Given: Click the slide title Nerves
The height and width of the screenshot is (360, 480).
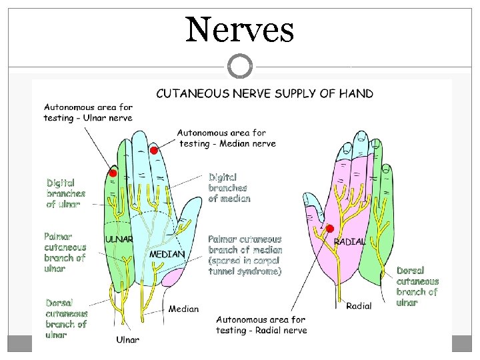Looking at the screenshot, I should click(x=239, y=29).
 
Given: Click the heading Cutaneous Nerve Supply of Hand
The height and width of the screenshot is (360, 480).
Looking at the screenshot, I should click(x=265, y=93).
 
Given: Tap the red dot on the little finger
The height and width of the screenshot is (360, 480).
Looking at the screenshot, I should click(x=113, y=173).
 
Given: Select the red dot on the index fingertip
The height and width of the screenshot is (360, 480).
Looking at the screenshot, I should click(x=153, y=151).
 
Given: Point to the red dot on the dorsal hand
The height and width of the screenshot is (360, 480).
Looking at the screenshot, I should click(x=330, y=229).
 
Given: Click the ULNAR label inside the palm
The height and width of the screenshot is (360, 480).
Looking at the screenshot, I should click(x=119, y=239).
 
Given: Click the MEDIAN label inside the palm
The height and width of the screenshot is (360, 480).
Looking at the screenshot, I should click(x=167, y=254).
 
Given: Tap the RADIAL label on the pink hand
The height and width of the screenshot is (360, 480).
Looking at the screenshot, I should click(x=349, y=241).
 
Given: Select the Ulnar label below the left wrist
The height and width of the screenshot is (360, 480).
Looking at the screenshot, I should click(x=128, y=340).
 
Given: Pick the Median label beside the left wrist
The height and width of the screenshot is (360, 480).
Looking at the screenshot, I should click(x=183, y=309).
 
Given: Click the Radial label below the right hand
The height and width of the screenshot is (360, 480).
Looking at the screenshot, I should click(x=359, y=306).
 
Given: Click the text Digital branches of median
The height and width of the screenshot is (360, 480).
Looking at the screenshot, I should click(x=229, y=187).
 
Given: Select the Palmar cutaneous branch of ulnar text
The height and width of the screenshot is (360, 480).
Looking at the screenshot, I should click(x=65, y=252).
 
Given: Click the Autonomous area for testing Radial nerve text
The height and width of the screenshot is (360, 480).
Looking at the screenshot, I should click(x=261, y=325).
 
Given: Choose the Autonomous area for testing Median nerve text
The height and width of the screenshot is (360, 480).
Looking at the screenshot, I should click(x=226, y=138).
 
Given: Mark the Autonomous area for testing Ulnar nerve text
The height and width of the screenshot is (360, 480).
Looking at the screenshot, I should click(x=88, y=112).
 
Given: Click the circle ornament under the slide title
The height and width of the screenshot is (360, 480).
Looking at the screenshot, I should click(x=240, y=67).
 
